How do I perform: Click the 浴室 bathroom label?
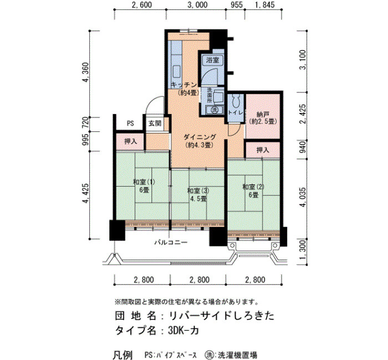click(x=212, y=60)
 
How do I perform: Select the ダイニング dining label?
click(x=200, y=137)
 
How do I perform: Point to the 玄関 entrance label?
click(x=155, y=123)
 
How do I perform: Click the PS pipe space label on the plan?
click(x=130, y=123)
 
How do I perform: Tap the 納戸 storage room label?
click(x=263, y=115)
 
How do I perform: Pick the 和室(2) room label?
click(x=253, y=187)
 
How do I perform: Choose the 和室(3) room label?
click(x=198, y=191)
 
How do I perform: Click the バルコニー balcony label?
click(x=171, y=243)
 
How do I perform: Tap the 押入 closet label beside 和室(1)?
click(x=130, y=141)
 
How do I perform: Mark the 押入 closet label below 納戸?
click(x=263, y=150)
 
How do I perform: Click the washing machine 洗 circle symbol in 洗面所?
click(x=215, y=110)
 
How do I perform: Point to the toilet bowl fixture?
click(x=236, y=101)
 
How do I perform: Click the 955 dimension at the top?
click(x=236, y=4)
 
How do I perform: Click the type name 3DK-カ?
click(x=183, y=331)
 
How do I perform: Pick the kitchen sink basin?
click(x=176, y=71)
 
